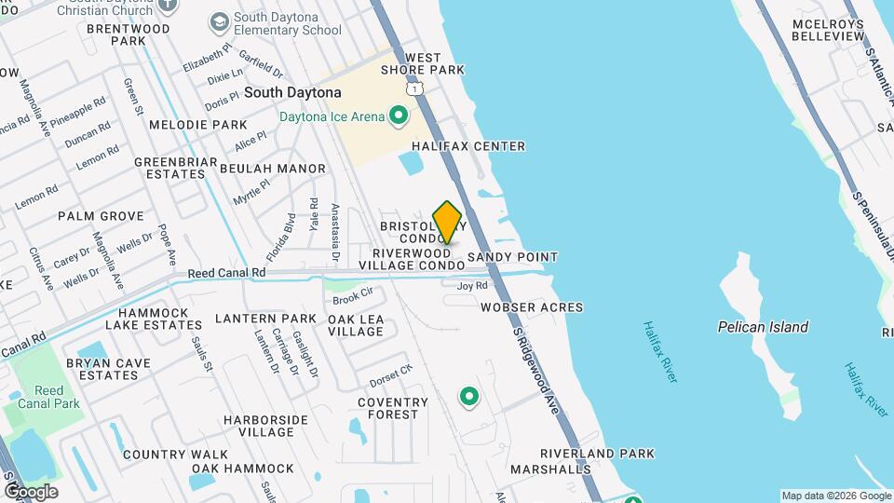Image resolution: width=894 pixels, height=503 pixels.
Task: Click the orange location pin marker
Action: tap(448, 223)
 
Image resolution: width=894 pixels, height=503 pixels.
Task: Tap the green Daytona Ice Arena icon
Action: tap(399, 116)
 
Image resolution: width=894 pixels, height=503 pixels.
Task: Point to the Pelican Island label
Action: tap(763, 327)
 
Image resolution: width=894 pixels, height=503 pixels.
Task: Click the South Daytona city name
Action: tap(292, 93)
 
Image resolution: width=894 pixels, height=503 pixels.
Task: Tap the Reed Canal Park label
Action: tap(48, 397)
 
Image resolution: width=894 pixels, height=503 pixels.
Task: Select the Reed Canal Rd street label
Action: tap(227, 273)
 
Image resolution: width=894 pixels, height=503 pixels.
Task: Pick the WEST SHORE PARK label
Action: tap(423, 64)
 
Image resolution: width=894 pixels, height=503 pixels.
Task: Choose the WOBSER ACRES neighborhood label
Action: tap(532, 307)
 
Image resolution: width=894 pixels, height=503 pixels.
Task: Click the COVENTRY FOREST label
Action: tap(393, 409)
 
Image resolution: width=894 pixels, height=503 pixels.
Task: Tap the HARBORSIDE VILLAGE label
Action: tap(265, 426)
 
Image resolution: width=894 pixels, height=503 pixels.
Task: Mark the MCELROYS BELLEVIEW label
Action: tap(828, 30)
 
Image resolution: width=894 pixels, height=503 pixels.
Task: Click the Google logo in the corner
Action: tap(30, 491)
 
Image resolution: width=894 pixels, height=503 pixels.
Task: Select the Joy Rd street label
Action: tap(472, 286)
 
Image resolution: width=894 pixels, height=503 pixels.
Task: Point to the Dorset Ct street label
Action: tap(390, 375)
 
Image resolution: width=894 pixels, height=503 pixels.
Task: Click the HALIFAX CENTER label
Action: tap(468, 146)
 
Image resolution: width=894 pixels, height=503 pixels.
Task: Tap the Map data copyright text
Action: tap(835, 496)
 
